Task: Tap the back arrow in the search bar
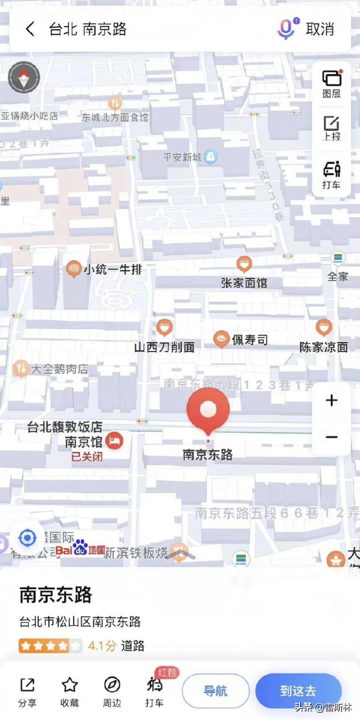(x=30, y=29)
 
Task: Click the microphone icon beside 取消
(x=286, y=29)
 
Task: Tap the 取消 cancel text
(x=320, y=29)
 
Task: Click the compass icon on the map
(x=24, y=78)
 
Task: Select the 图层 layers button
(x=331, y=83)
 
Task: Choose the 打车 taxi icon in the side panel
(x=331, y=174)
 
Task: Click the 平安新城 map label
(x=182, y=157)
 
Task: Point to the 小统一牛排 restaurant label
(x=112, y=270)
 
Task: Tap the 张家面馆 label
(x=244, y=282)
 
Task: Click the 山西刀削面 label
(x=164, y=347)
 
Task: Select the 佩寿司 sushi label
(x=250, y=340)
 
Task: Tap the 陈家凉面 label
(x=323, y=347)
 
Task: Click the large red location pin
(x=208, y=409)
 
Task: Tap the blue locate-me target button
(x=27, y=538)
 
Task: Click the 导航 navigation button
(x=215, y=690)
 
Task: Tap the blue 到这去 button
(x=298, y=690)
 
